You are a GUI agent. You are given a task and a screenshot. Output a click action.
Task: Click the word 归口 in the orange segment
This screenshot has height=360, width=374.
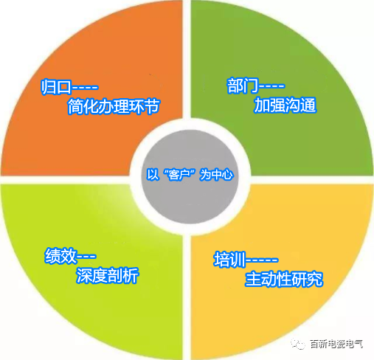click(56, 86)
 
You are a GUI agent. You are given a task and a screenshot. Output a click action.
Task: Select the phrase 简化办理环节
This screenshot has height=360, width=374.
click(114, 106)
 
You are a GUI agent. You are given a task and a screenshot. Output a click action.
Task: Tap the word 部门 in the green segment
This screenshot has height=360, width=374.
click(243, 86)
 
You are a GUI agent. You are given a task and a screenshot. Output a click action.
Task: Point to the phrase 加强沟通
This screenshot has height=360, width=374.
click(285, 105)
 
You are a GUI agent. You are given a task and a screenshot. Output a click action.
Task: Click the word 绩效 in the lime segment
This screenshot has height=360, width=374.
click(60, 256)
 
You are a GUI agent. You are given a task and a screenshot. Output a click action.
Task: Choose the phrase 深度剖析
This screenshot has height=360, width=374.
click(108, 275)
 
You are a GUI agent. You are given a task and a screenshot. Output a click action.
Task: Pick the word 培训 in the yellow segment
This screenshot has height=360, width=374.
click(229, 259)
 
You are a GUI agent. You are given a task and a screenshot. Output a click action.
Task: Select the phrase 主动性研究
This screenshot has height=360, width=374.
click(284, 279)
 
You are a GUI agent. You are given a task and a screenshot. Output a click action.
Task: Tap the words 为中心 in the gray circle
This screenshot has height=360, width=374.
click(216, 175)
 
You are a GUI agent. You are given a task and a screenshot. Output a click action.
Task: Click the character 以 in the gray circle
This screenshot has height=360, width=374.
click(153, 175)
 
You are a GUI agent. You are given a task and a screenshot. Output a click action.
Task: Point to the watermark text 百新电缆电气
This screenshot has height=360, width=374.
click(336, 344)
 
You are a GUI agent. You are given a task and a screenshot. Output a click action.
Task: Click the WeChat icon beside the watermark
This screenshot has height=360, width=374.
click(298, 344)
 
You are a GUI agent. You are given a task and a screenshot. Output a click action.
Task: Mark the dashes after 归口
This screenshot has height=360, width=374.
click(85, 87)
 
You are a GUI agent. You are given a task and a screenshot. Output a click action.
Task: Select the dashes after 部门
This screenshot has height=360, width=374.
click(272, 86)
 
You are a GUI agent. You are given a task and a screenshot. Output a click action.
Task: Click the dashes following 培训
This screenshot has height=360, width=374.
click(262, 260)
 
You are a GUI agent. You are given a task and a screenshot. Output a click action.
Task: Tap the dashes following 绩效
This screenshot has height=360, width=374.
click(86, 257)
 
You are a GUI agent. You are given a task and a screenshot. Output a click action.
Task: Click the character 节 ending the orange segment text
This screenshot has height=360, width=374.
click(153, 106)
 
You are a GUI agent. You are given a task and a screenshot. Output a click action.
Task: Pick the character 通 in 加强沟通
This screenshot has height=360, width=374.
click(309, 105)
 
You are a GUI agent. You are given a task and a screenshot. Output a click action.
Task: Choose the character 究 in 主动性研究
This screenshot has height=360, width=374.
click(315, 279)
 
